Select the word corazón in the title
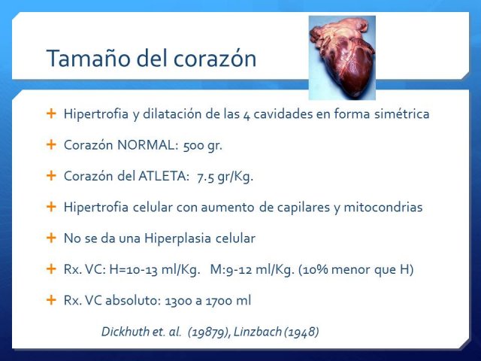(215, 59)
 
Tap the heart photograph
(342, 58)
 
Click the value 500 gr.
(202, 145)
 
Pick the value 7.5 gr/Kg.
(225, 177)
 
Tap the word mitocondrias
(383, 208)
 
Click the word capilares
(303, 208)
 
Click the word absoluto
(133, 300)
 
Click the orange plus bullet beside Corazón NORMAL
(51, 144)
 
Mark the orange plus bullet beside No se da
(51, 238)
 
